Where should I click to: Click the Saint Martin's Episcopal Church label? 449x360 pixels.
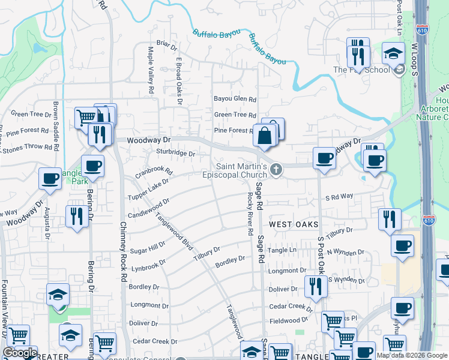[x=242, y=171]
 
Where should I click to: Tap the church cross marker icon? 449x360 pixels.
[x=276, y=170]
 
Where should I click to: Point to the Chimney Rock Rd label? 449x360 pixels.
[x=124, y=252]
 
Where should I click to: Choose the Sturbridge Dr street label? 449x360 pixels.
[x=176, y=154]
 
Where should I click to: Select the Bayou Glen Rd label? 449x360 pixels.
[x=235, y=100]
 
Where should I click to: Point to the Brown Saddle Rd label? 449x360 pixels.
[x=55, y=125]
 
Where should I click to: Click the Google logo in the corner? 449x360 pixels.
[x=20, y=353]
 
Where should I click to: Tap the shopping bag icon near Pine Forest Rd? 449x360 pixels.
[x=264, y=136]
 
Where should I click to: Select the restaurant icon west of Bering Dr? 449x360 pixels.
[x=76, y=216]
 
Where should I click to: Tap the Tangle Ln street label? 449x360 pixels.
[x=282, y=250]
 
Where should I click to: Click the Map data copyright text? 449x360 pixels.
[x=412, y=355]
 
